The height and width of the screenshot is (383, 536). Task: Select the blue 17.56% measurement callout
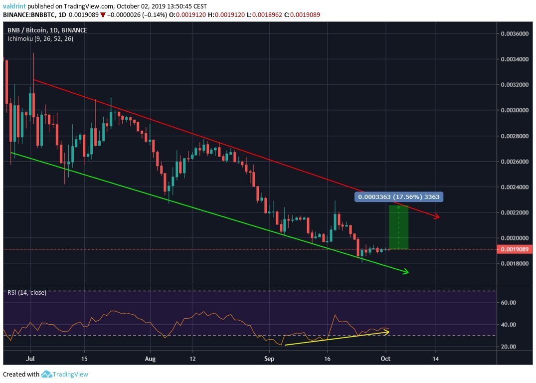pos(398,197)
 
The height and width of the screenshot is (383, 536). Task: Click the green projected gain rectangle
pos(399,227)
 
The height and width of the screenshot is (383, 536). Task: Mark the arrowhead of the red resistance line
pos(437,217)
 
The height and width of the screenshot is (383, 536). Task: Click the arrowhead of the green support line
pos(406,272)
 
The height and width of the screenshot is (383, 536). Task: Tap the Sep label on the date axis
pos(269,359)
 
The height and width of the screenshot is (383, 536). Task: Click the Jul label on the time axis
pos(31,359)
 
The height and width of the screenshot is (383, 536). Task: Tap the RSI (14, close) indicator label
pos(27,293)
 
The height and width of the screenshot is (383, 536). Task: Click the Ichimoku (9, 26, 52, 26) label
pos(40,38)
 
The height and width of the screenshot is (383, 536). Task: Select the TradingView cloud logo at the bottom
pos(47,374)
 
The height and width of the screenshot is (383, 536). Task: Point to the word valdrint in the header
pos(14,6)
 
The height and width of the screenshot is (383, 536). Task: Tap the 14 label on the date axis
pos(436,359)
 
